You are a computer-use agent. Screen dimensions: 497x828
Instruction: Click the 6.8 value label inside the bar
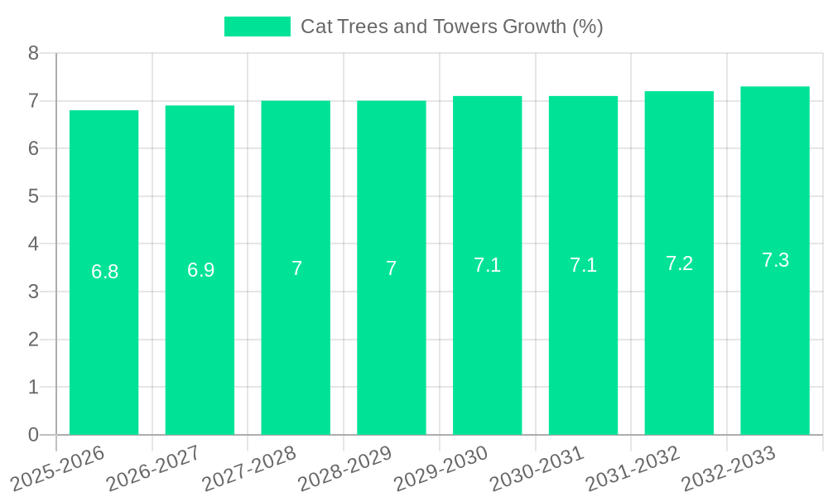104,272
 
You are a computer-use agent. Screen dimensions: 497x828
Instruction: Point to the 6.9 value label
200,270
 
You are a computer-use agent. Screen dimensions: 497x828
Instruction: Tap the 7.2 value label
679,263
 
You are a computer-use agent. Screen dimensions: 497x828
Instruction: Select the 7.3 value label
775,260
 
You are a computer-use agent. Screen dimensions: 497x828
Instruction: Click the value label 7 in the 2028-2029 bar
392,268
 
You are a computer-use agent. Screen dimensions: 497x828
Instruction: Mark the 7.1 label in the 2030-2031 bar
583,265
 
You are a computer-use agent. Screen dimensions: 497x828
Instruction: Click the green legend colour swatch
257,27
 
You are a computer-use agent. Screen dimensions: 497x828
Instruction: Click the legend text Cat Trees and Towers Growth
451,27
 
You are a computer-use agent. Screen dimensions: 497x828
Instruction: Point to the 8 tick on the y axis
33,53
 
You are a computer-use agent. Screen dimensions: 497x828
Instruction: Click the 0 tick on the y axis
33,435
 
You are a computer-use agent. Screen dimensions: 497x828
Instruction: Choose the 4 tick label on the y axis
33,244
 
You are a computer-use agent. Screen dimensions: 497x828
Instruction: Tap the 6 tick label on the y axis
33,148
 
